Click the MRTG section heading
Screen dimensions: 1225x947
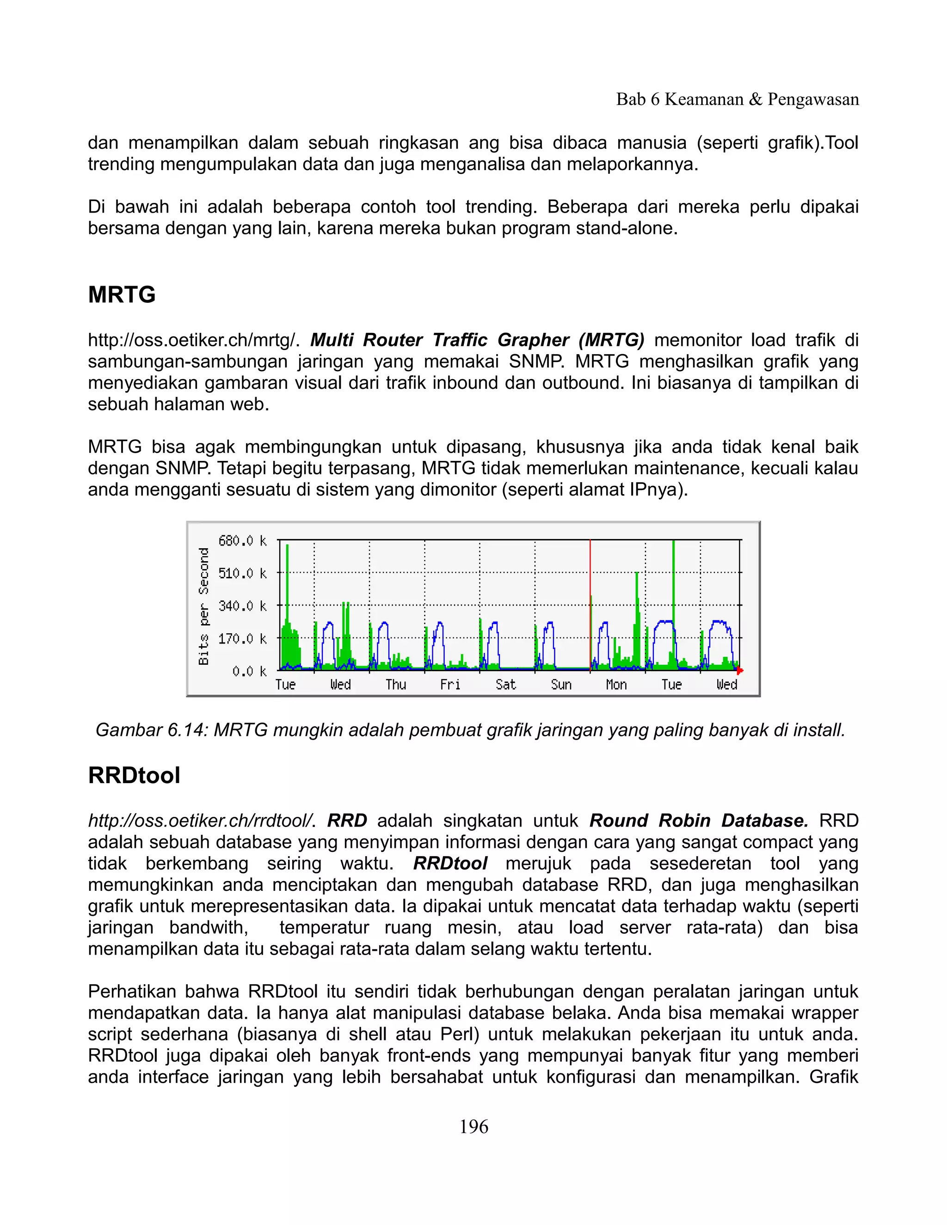[x=122, y=294]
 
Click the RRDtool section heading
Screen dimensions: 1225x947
[x=134, y=775]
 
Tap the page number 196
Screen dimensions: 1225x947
[x=473, y=1126]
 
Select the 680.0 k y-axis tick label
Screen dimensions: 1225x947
[x=242, y=541]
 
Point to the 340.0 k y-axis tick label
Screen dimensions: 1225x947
[x=242, y=606]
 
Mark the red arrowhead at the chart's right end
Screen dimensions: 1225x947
[x=740, y=671]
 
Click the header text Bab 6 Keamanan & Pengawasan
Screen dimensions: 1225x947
[x=737, y=99]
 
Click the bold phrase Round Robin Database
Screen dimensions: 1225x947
[x=699, y=821]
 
